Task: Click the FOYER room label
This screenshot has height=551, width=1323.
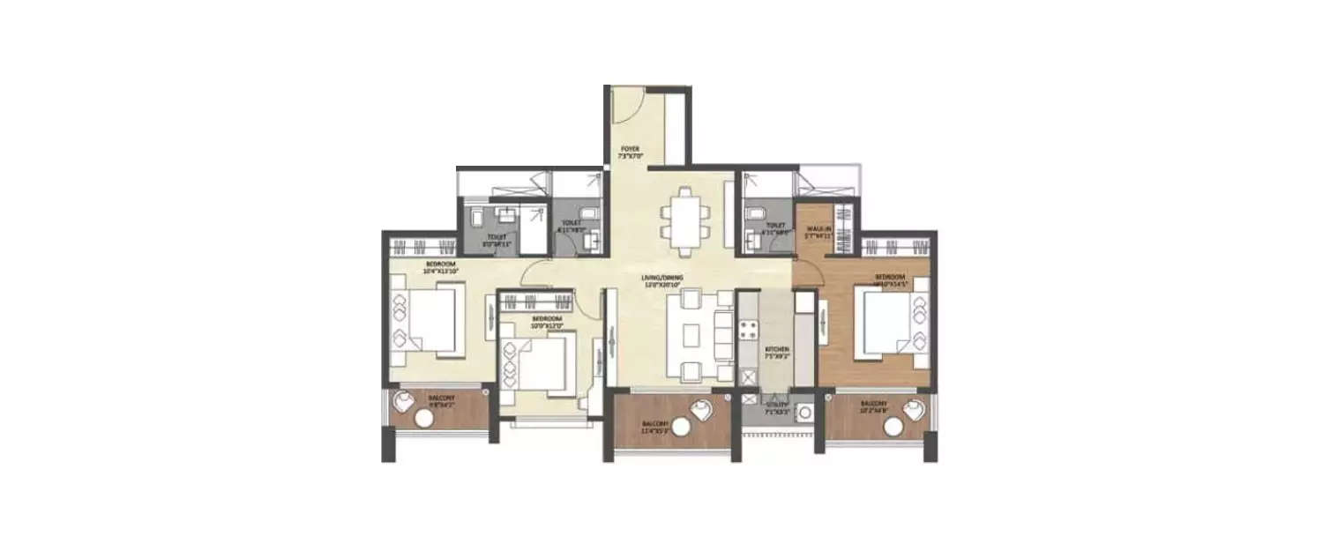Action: tap(629, 148)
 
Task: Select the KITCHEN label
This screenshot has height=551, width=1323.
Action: tap(777, 349)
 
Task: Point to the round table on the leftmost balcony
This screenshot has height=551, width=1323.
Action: tap(419, 421)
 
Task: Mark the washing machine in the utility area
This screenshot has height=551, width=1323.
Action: tap(805, 413)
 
